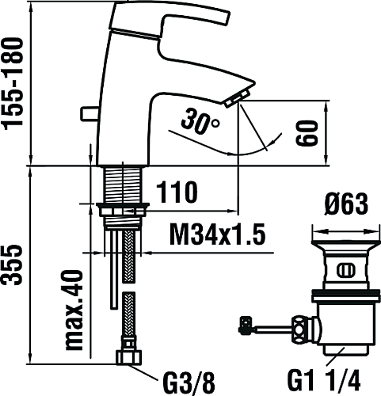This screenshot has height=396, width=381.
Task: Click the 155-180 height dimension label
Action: pos(12,84)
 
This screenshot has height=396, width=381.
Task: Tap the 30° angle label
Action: pos(200,122)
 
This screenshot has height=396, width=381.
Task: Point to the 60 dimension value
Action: pos(306,133)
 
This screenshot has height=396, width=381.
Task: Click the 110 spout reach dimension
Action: pos(177,192)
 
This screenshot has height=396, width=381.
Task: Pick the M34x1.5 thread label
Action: pos(217,234)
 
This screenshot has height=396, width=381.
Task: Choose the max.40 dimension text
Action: pos(74,310)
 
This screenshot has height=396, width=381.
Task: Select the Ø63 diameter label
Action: pos(346,204)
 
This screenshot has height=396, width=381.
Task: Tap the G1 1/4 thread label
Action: pos(324,381)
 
